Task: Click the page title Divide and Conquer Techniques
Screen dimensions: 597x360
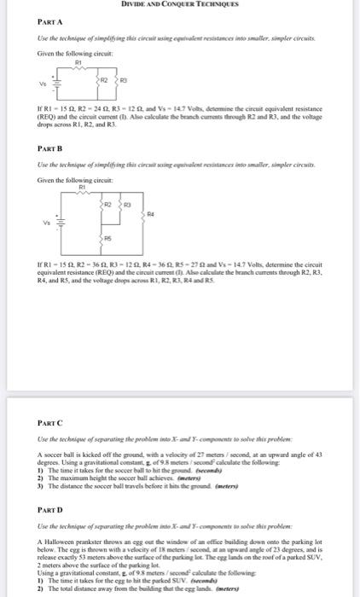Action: click(x=180, y=4)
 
